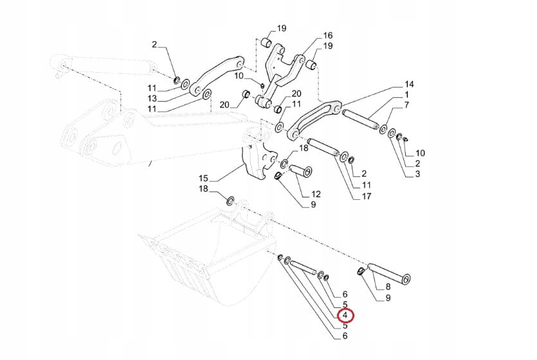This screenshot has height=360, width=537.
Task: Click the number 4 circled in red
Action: pos(345,315)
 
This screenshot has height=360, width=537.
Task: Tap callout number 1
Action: pos(406,95)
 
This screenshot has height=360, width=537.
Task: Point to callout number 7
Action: pos(406,105)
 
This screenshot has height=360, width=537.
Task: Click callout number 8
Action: pos(388,287)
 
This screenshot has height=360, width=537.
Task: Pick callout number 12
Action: pos(316,194)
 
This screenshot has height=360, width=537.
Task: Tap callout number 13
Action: pos(152,98)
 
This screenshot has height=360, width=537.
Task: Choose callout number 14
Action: pos(409,85)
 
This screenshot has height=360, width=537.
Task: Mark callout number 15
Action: pos(203,177)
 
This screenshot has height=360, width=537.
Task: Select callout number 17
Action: pos(367,196)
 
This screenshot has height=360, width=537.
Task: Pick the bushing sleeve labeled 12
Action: pos(299,172)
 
